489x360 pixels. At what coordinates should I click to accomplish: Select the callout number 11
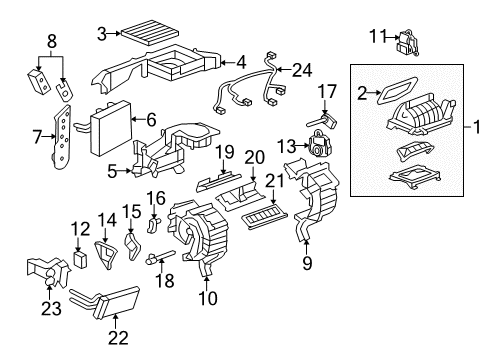coord(376,37)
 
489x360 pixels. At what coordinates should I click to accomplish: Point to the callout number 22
coord(118,337)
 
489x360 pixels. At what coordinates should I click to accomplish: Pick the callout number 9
coord(308,264)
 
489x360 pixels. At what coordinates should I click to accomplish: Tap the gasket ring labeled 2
coord(384,94)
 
